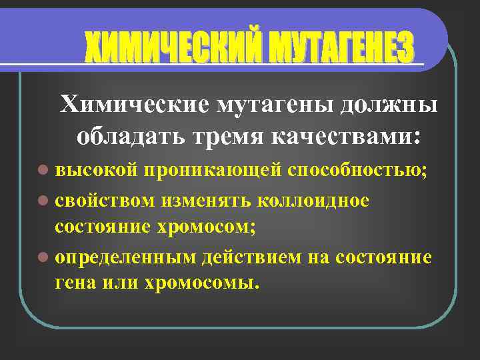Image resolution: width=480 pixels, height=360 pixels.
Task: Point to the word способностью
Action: click(357, 171)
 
